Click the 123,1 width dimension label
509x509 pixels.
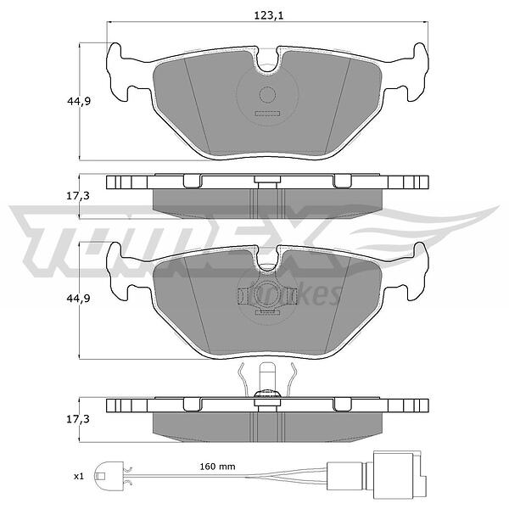268,15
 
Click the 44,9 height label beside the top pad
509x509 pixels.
79,101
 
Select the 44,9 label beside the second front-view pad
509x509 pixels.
78,299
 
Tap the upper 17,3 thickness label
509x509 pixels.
78,196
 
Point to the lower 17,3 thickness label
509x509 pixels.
78,419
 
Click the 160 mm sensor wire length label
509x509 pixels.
217,467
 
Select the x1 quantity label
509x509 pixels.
79,476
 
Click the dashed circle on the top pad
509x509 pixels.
267,95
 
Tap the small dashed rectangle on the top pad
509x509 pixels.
267,114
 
